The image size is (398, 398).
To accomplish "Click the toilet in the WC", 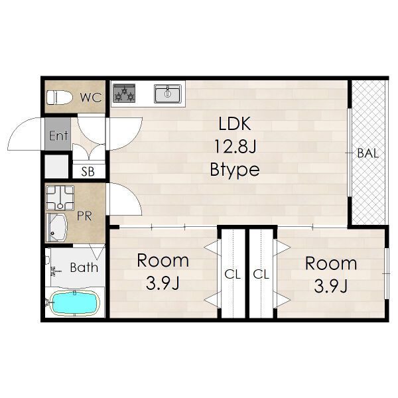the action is point(60,98).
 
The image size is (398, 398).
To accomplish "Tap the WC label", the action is point(91,98).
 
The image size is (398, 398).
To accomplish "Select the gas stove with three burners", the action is point(124,93).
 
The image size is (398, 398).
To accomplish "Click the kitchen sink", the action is point(168,94).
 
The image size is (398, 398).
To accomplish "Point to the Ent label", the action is point(58,135).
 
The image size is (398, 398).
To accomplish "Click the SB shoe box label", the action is point(88,172).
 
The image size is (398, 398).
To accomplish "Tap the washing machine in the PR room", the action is point(60,198).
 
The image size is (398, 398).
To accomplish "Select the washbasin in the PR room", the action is point(56,228).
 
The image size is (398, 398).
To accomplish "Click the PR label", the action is point(84,216).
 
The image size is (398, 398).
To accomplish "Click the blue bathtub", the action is point(74,302).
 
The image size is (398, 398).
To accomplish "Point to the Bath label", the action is point(84,267).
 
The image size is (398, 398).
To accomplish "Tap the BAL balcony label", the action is point(367,153).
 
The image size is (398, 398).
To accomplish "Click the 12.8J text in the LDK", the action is point(235,147).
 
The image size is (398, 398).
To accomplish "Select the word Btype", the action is point(235,170).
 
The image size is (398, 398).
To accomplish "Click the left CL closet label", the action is point(233,274).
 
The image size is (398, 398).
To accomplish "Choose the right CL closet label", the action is point(261,274).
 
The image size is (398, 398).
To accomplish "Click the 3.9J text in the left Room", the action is point(163,283).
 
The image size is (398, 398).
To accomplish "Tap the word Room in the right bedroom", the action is point(331,263).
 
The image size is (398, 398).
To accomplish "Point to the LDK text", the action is point(235,123).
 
